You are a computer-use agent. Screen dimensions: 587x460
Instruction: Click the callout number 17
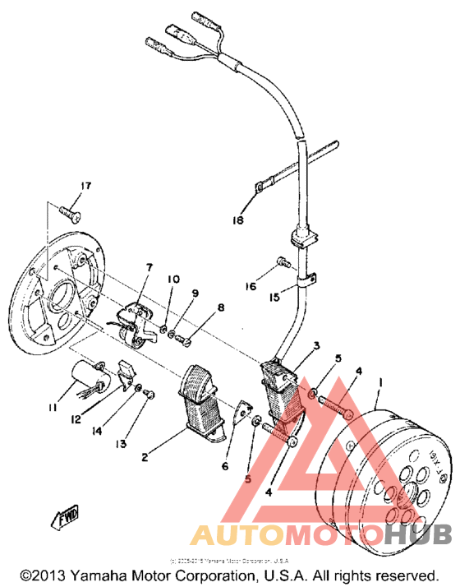click(x=84, y=184)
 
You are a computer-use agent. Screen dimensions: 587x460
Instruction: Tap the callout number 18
click(x=238, y=221)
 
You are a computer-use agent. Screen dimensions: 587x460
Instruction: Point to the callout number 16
click(x=250, y=286)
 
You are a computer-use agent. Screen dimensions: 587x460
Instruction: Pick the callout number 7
click(x=149, y=267)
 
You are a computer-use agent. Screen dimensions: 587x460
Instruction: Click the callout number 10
click(x=173, y=280)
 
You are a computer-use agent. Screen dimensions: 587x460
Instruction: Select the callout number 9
click(x=195, y=293)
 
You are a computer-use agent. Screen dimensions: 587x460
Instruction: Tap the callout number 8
click(x=219, y=308)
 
